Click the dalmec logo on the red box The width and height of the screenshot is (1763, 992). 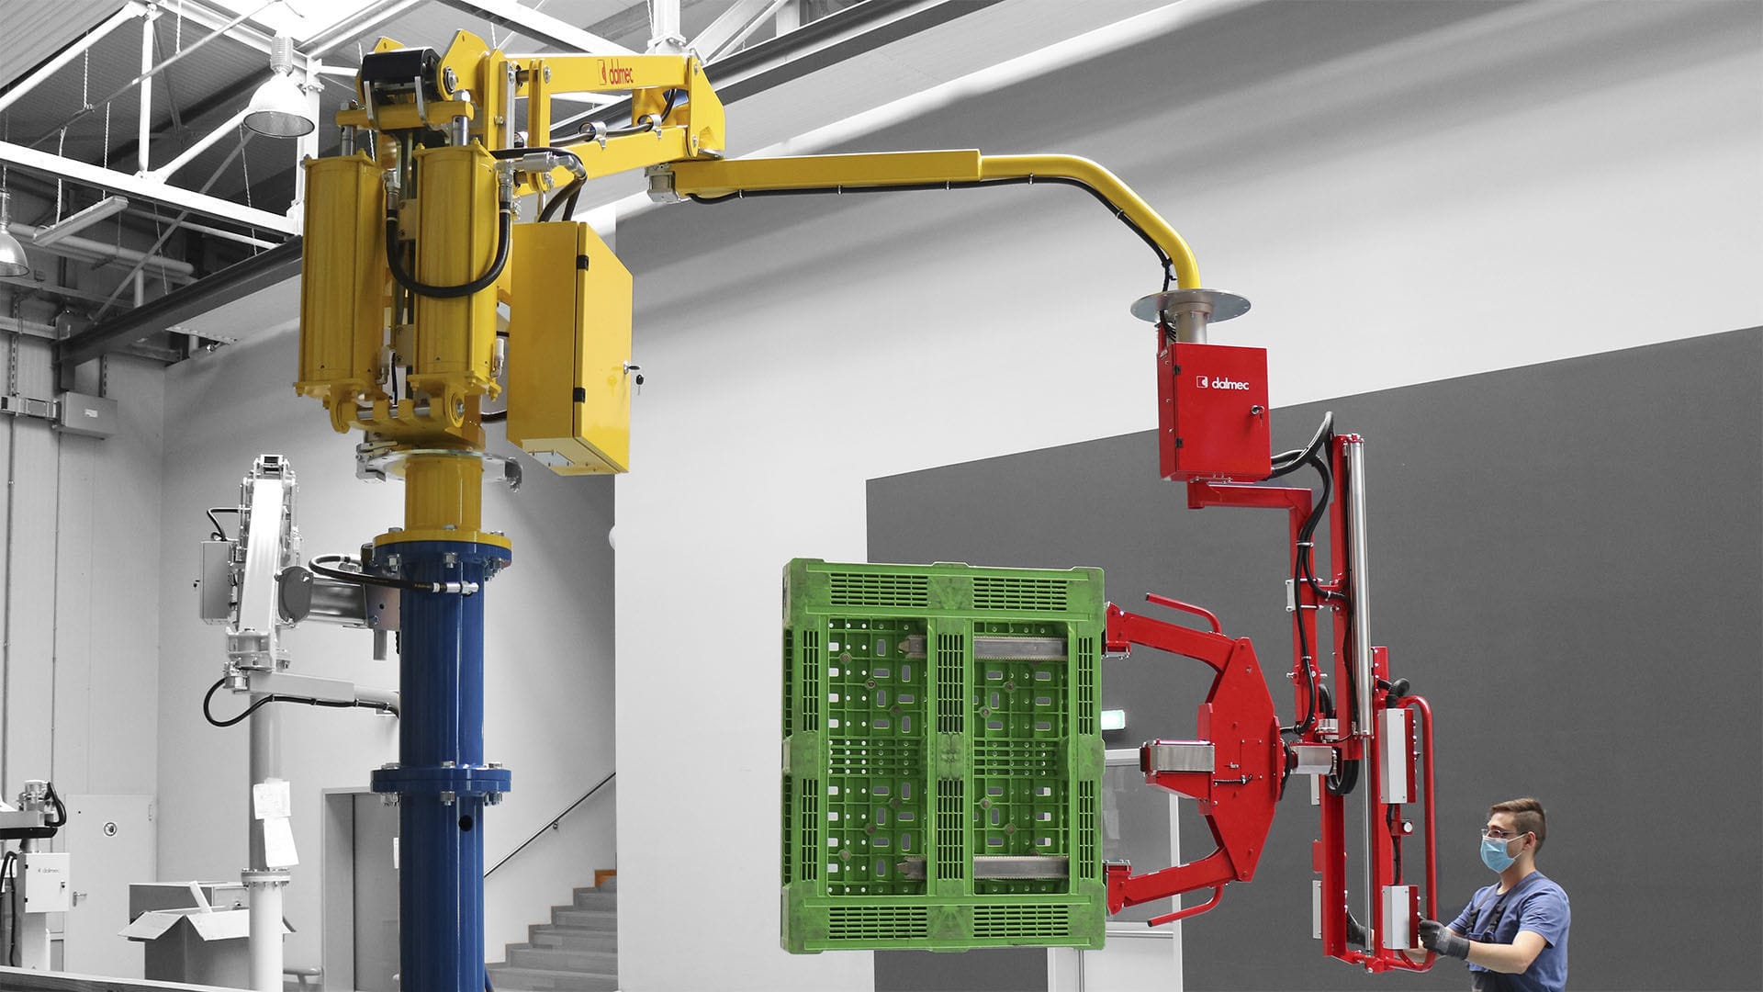click(x=1221, y=382)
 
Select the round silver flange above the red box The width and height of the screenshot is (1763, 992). click(x=1190, y=304)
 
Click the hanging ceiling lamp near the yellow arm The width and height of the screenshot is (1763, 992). click(x=279, y=106)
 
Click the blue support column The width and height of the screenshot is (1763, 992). click(x=441, y=698)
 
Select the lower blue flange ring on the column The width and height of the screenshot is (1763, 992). click(x=441, y=782)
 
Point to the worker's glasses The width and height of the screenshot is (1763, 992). click(x=1500, y=835)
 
